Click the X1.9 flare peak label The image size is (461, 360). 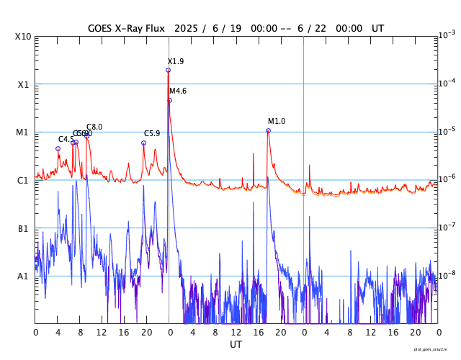(176, 62)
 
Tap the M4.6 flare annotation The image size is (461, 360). (178, 91)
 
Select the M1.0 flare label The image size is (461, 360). (277, 122)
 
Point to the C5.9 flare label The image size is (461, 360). (152, 134)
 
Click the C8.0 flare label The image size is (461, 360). (94, 127)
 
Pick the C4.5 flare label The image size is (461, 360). (66, 139)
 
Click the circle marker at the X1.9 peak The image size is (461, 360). (168, 70)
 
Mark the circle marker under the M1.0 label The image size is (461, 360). (268, 131)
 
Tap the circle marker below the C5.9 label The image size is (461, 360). (143, 143)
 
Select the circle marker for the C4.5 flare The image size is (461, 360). (58, 149)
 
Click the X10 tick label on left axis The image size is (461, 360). (23, 37)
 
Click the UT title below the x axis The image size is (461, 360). (236, 345)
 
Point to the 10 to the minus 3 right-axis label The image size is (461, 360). (447, 35)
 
